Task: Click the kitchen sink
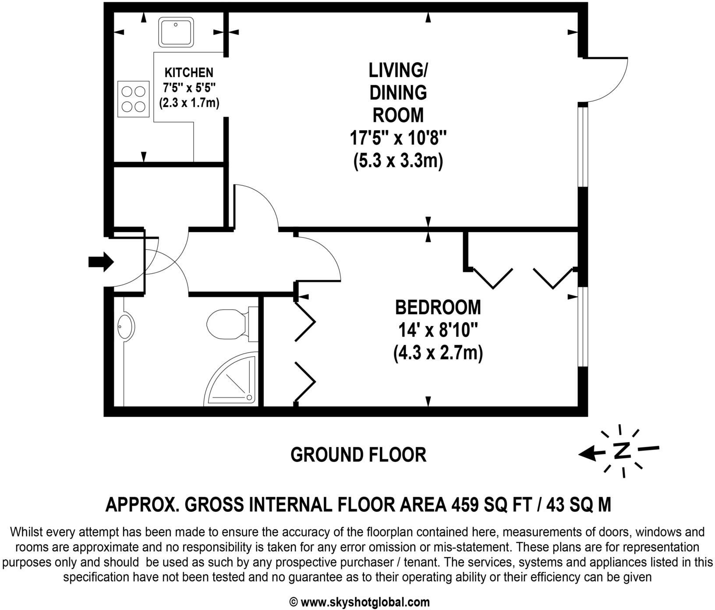coord(176,32)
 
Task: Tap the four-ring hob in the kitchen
coord(133,99)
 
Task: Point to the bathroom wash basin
coord(125,326)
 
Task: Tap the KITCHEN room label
coord(189,73)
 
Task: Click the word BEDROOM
coord(438,307)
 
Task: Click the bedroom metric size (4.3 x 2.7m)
coord(438,353)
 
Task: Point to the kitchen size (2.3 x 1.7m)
coord(189,103)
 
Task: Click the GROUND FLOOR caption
coord(358,455)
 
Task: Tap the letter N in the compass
coord(622,450)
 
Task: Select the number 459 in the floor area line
coord(466,505)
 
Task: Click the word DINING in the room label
coord(398,92)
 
